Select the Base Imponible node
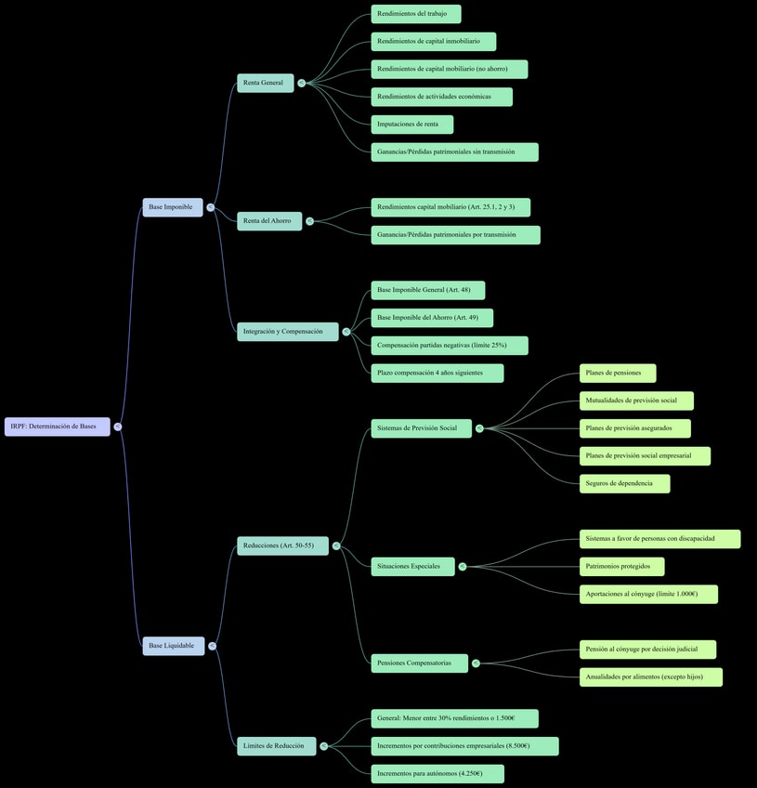(x=173, y=207)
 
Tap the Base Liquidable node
(x=174, y=646)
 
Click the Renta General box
(x=265, y=83)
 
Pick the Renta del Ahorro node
(x=268, y=221)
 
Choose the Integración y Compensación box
(x=287, y=332)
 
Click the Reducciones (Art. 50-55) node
(x=282, y=545)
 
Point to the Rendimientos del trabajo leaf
(x=415, y=14)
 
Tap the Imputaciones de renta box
(x=411, y=125)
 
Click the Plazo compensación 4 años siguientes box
(x=437, y=373)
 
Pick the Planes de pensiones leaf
(x=618, y=373)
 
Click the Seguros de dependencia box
(x=624, y=483)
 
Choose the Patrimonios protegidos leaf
(x=621, y=566)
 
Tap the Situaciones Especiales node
(x=412, y=566)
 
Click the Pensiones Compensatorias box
(x=419, y=663)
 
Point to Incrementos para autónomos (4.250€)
(x=437, y=773)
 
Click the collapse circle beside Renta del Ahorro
(x=310, y=221)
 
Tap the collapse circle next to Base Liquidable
(x=213, y=646)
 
